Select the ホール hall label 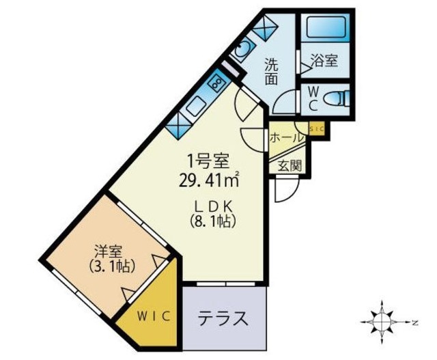[x=286, y=137]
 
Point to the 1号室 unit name [x=208, y=162]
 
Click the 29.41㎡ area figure [x=208, y=182]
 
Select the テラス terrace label [x=223, y=318]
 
